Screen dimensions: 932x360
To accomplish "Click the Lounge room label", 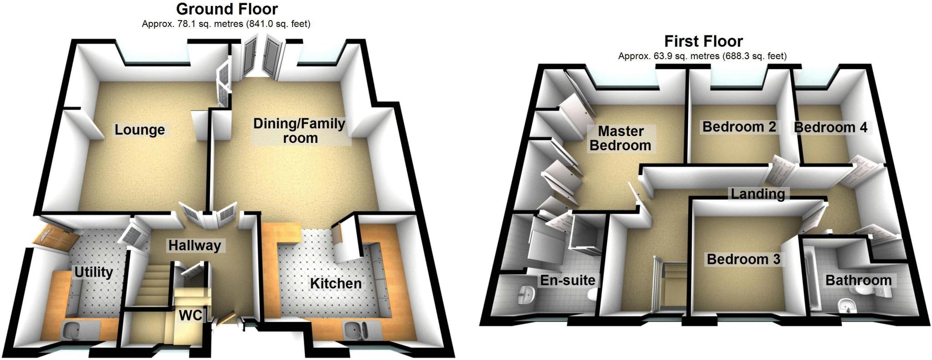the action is (x=139, y=130).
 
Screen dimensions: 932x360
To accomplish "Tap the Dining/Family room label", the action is (x=299, y=131).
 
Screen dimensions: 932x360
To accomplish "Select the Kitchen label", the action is (x=335, y=283).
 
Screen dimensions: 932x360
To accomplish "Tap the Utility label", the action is (x=93, y=272).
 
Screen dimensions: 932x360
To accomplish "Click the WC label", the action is (x=190, y=315).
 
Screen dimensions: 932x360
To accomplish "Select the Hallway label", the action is (x=194, y=245).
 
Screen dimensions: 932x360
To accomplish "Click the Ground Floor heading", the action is (x=227, y=9).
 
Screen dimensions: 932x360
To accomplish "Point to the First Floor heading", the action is (x=703, y=41).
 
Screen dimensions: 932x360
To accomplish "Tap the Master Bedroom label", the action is (x=620, y=138).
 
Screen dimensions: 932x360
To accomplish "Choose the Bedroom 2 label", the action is (x=739, y=127).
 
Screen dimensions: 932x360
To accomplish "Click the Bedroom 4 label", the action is (x=831, y=127).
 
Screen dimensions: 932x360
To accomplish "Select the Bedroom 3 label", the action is (x=743, y=259).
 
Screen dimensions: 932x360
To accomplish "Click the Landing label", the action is (x=758, y=193).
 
